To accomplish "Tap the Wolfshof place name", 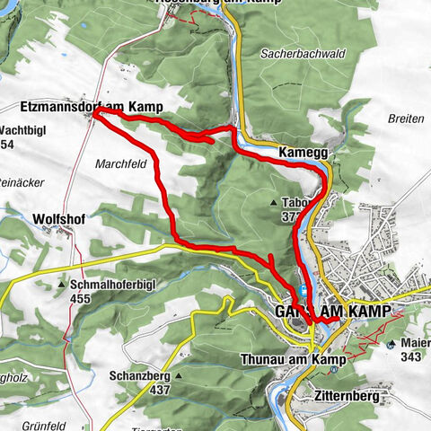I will [57, 218].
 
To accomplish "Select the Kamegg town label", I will [303, 154].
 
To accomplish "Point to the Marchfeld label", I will [118, 164].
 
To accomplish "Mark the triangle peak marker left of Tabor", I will [273, 203].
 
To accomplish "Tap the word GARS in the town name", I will [284, 311].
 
